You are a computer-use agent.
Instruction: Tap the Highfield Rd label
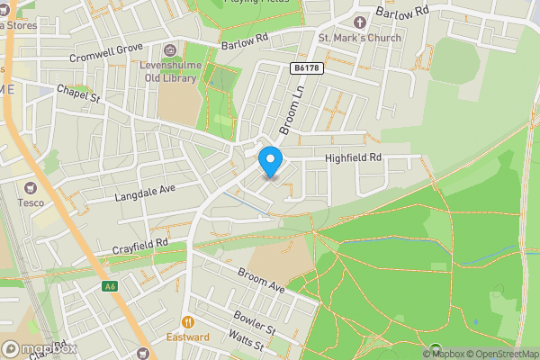point(354,157)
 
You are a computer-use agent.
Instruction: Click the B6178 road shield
point(307,67)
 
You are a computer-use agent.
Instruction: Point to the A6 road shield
point(110,286)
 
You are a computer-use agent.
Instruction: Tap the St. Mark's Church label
point(358,39)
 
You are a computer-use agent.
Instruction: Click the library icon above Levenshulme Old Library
point(170,49)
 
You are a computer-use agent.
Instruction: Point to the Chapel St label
point(76,94)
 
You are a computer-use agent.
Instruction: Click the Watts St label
point(245,342)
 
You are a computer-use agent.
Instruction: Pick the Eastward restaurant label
point(187,337)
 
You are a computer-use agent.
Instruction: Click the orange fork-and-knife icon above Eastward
point(187,321)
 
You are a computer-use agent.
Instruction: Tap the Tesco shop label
point(31,202)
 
